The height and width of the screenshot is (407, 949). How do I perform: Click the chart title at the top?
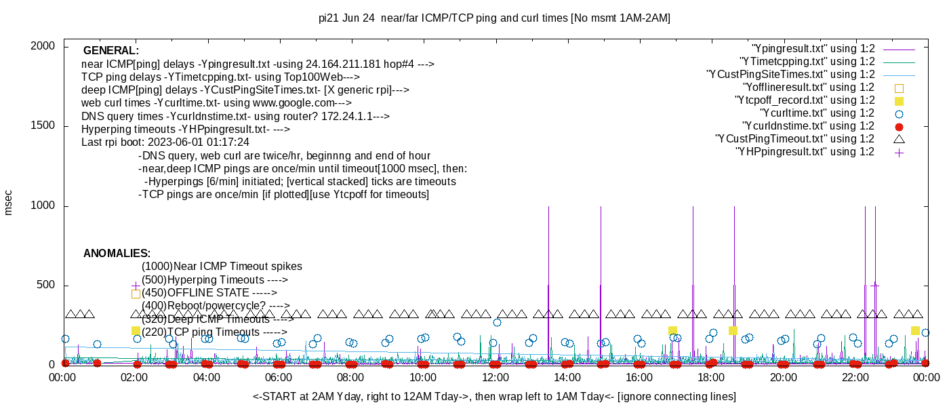pos(494,18)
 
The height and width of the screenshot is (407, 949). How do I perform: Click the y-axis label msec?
pos(9,202)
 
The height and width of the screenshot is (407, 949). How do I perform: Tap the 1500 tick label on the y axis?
pos(45,126)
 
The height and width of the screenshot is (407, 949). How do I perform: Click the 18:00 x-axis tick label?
pos(710,377)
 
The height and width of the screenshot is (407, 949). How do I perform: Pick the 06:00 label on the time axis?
pos(279,377)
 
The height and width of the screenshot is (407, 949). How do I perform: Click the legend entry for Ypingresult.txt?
pos(813,49)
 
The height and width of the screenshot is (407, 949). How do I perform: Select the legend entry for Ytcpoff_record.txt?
pos(805,100)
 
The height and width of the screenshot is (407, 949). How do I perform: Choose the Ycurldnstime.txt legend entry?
pos(809,126)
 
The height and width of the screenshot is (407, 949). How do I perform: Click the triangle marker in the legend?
pos(899,138)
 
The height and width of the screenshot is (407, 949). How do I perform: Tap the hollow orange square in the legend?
pos(899,88)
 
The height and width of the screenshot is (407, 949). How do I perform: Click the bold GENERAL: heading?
pos(111,51)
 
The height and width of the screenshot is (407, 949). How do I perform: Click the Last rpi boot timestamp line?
pos(165,142)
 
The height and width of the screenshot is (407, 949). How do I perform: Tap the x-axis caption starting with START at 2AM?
pos(494,396)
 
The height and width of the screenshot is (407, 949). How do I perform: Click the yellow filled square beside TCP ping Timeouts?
pos(136,330)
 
